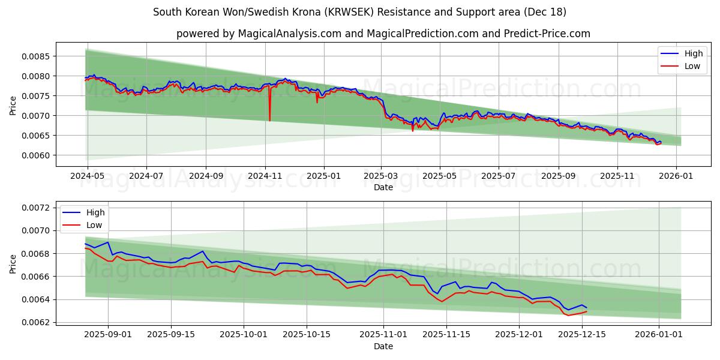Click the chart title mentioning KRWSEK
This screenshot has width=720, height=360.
click(359, 12)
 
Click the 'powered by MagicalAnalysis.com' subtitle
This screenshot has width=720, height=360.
click(383, 34)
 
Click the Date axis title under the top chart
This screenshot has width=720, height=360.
click(383, 187)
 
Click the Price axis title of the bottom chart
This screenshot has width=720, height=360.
click(13, 263)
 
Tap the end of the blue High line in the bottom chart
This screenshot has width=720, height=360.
click(586, 308)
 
